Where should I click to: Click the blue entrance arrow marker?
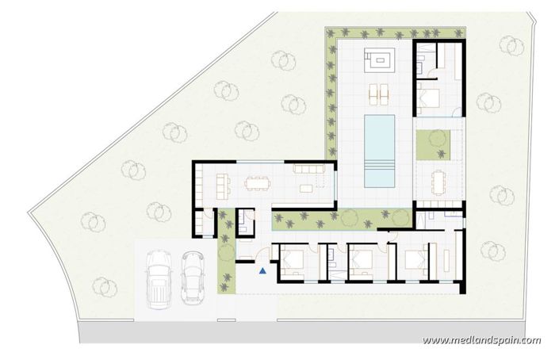pos(262,271)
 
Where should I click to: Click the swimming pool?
pos(379,139)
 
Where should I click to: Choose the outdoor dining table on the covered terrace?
pos(438,181)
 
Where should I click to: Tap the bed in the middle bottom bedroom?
pos(362,259)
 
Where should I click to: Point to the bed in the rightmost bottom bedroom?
pos(416,259)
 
